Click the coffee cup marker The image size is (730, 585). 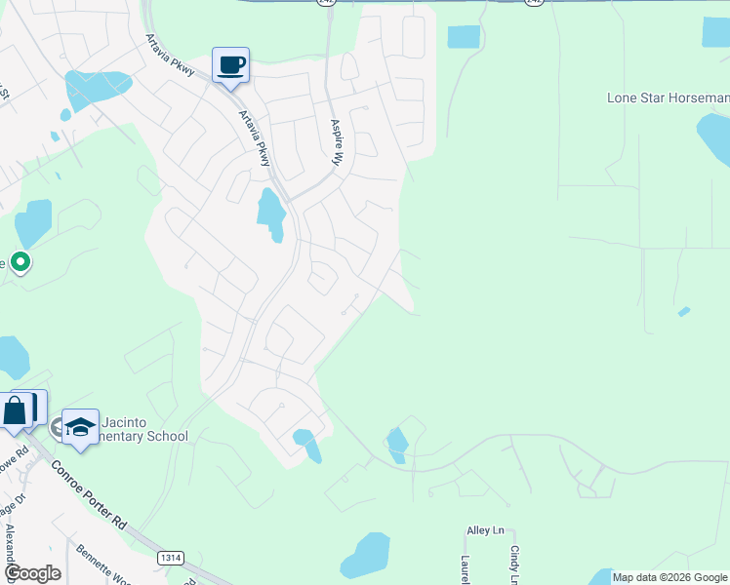coord(230,66)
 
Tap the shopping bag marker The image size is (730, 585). coord(16,410)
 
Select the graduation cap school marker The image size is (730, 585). coord(80,427)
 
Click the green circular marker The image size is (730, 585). coord(20,261)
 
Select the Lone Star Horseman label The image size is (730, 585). coord(668,97)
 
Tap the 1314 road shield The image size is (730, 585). coord(170,557)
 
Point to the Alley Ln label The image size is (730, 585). coord(485,530)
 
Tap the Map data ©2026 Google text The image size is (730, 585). coord(669,577)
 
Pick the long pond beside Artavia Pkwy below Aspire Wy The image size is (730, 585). coord(270,213)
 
